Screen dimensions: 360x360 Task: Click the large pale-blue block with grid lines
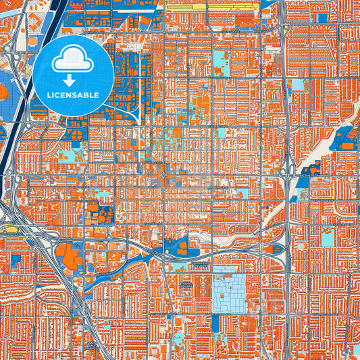(230, 292)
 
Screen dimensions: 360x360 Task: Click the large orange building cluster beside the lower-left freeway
(71, 257)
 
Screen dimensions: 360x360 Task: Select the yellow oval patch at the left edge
(9, 230)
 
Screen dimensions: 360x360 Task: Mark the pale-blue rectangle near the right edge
(328, 237)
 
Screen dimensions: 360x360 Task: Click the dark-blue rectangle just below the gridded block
(215, 324)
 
